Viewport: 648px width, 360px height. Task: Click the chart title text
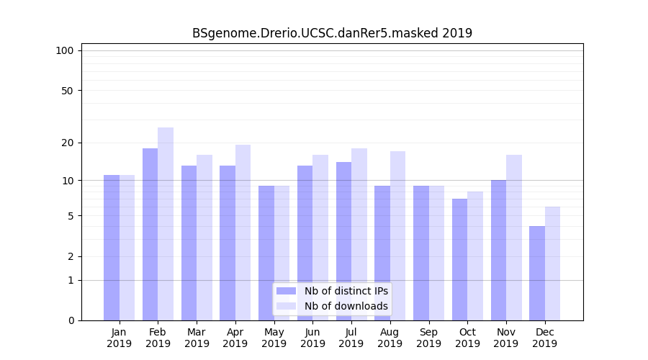pyautogui.click(x=332, y=33)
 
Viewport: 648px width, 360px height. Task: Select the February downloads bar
pyautogui.click(x=166, y=223)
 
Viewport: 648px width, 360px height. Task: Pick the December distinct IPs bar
pyautogui.click(x=537, y=273)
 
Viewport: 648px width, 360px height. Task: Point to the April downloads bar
pyautogui.click(x=243, y=232)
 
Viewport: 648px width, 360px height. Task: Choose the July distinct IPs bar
pyautogui.click(x=343, y=240)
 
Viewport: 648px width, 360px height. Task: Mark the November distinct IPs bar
pyautogui.click(x=498, y=250)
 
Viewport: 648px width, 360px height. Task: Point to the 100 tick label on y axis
pyautogui.click(x=65, y=50)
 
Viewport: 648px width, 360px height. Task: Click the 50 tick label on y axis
pyautogui.click(x=67, y=91)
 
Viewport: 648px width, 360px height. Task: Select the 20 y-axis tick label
pyautogui.click(x=67, y=143)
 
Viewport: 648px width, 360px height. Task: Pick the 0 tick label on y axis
pyautogui.click(x=71, y=320)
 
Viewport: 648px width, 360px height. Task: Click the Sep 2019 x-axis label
pyautogui.click(x=428, y=338)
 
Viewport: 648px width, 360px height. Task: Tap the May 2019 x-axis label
pyautogui.click(x=274, y=338)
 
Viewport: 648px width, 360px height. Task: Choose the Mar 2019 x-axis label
pyautogui.click(x=197, y=338)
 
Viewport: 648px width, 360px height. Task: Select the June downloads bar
pyautogui.click(x=320, y=237)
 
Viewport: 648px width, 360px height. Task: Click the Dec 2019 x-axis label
pyautogui.click(x=544, y=338)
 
